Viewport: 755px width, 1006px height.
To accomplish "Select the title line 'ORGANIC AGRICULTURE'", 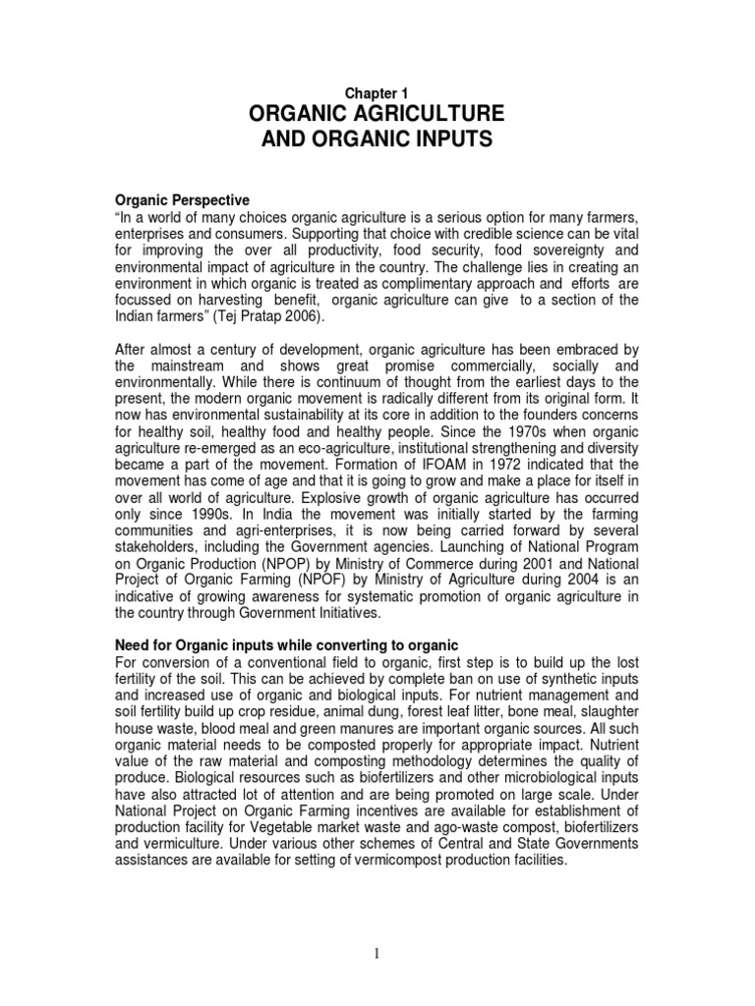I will point(377,113).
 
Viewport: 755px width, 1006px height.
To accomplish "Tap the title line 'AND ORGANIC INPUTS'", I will point(377,140).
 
